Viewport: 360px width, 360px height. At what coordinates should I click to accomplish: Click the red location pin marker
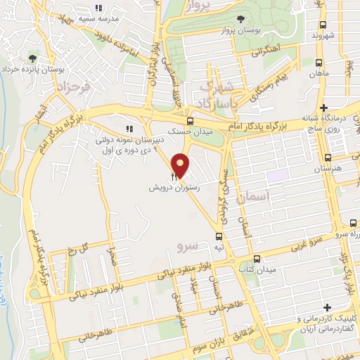pyautogui.click(x=181, y=165)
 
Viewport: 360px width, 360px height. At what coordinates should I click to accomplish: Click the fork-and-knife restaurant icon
pyautogui.click(x=174, y=177)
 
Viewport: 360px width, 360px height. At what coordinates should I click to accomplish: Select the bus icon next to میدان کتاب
pyautogui.click(x=257, y=258)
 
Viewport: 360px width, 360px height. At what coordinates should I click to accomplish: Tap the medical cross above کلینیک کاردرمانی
pyautogui.click(x=328, y=307)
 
